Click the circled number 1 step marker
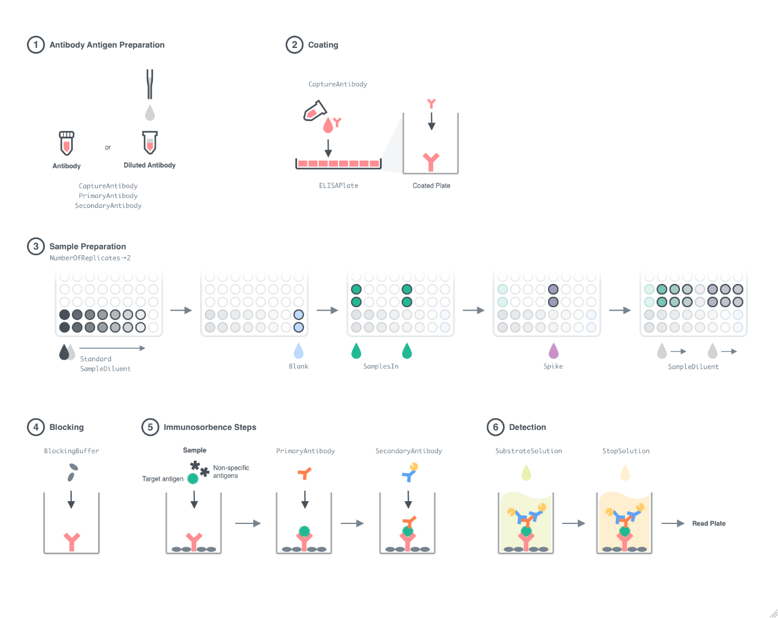pyautogui.click(x=36, y=45)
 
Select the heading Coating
pyautogui.click(x=323, y=45)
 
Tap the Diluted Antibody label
pyautogui.click(x=149, y=165)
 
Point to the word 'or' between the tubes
pyautogui.click(x=108, y=147)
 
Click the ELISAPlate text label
pyautogui.click(x=339, y=186)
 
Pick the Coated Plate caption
pyautogui.click(x=431, y=186)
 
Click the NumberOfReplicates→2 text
pyautogui.click(x=90, y=258)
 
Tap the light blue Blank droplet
pyautogui.click(x=299, y=350)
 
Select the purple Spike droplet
pyautogui.click(x=553, y=351)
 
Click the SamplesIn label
pyautogui.click(x=381, y=366)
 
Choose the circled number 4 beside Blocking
pyautogui.click(x=36, y=427)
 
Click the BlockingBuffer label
pyautogui.click(x=71, y=451)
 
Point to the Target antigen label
pyautogui.click(x=162, y=479)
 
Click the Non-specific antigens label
pyautogui.click(x=231, y=471)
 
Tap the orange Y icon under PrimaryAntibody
pyautogui.click(x=304, y=473)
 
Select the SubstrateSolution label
pyautogui.click(x=528, y=451)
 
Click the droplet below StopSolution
pyautogui.click(x=625, y=473)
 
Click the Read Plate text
pyautogui.click(x=709, y=523)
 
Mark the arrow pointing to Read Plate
pyautogui.click(x=672, y=523)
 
